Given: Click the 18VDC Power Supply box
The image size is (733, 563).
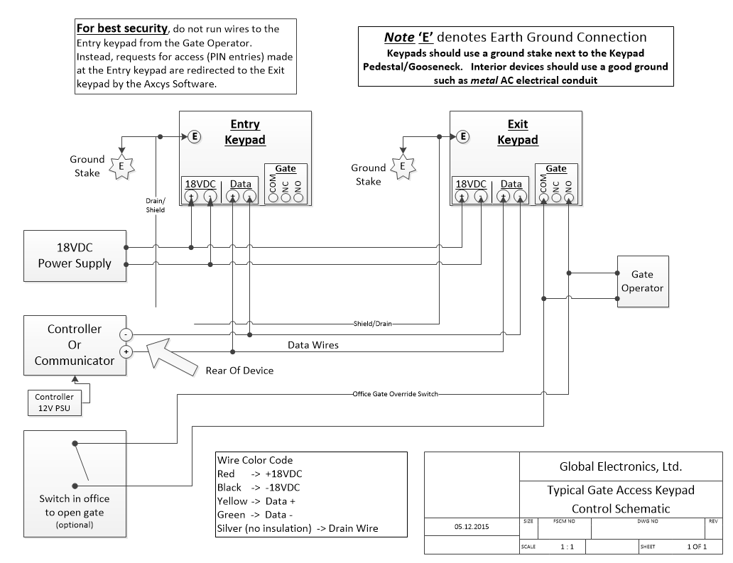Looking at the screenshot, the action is tap(75, 256).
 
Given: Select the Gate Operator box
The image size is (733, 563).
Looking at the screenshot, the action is tap(643, 281).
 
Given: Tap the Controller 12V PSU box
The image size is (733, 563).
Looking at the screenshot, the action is tap(54, 403).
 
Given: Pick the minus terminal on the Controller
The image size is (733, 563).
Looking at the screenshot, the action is tap(126, 334).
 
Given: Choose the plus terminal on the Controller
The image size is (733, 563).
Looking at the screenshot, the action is tap(126, 352).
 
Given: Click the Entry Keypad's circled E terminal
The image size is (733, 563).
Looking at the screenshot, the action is tap(195, 136).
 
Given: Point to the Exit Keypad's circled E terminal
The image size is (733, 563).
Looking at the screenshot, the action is tap(463, 136).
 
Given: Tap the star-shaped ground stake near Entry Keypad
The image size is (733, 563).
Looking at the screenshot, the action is tap(121, 166).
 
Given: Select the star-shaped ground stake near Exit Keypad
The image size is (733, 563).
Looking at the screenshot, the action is tap(403, 166).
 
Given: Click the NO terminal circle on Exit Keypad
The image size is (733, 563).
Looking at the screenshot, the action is tap(568, 197).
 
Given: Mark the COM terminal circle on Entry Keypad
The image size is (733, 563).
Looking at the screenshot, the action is tap(273, 197).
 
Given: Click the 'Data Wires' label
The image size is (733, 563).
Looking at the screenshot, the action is tap(313, 345).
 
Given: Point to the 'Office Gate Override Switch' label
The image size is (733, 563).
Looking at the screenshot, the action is tap(396, 394).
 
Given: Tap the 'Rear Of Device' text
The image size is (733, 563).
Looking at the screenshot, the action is tap(239, 371).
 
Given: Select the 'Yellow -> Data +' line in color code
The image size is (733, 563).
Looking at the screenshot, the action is tap(256, 501).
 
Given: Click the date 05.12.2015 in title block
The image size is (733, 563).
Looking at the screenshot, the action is tap(472, 527).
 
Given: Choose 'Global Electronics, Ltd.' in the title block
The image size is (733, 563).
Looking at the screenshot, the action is tap(621, 466).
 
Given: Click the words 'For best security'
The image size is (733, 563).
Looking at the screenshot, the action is tap(122, 28).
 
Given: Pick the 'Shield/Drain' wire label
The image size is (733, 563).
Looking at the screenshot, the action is tap(373, 323).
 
